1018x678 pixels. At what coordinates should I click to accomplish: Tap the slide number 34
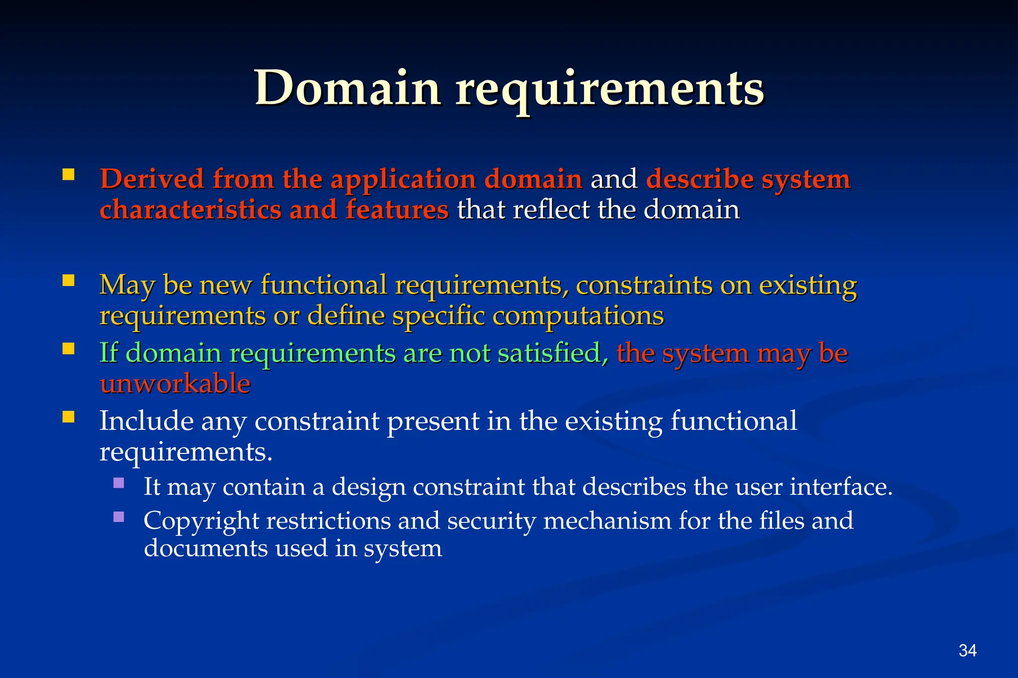pyautogui.click(x=967, y=651)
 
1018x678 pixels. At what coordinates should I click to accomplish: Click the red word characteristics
pyautogui.click(x=190, y=210)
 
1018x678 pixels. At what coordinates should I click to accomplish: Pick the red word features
pyautogui.click(x=397, y=210)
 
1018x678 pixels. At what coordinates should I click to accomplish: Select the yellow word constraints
pyautogui.click(x=644, y=286)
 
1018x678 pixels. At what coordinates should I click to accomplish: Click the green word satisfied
pyautogui.click(x=552, y=353)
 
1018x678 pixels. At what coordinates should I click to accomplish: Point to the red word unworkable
pyautogui.click(x=175, y=384)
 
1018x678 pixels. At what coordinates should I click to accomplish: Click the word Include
pyautogui.click(x=147, y=421)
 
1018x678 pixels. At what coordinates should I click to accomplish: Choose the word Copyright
pyautogui.click(x=201, y=522)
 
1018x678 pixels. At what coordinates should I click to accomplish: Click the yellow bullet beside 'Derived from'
pyautogui.click(x=69, y=174)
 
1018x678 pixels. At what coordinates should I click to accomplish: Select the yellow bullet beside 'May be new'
pyautogui.click(x=69, y=281)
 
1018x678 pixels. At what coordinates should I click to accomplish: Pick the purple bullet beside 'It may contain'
pyautogui.click(x=118, y=483)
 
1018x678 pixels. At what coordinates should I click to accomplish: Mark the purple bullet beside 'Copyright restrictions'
pyautogui.click(x=118, y=517)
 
